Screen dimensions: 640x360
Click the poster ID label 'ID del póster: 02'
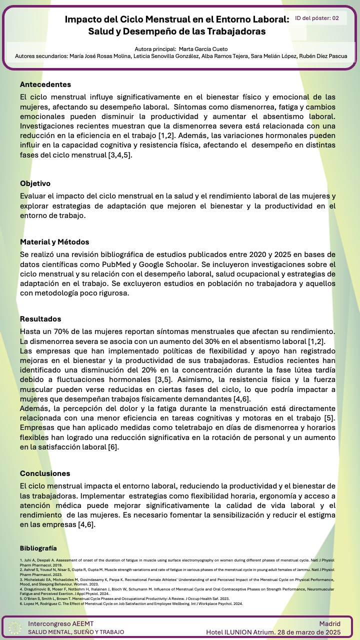pyautogui.click(x=317, y=18)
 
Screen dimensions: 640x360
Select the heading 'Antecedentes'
pyautogui.click(x=45, y=84)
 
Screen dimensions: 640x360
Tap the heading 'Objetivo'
pyautogui.click(x=35, y=183)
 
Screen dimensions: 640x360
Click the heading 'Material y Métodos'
pyautogui.click(x=54, y=242)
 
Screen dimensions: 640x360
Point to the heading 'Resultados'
pyautogui.click(x=40, y=319)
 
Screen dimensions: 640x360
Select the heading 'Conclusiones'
pyautogui.click(x=45, y=473)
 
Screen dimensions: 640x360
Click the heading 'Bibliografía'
pyautogui.click(x=38, y=548)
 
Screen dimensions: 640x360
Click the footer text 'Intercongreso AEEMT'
pyautogui.click(x=60, y=623)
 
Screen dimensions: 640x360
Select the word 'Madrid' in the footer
pyautogui.click(x=329, y=623)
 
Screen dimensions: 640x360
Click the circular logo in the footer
pyautogui.click(x=15, y=627)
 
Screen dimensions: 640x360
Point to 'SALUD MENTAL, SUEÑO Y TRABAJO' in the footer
pyautogui.click(x=76, y=632)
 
